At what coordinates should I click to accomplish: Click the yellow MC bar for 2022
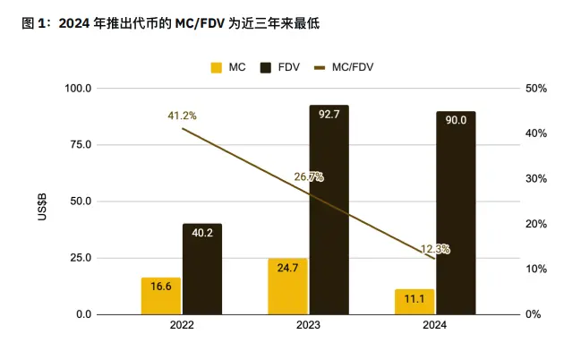[x=160, y=296]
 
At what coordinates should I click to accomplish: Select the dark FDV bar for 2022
[x=201, y=269]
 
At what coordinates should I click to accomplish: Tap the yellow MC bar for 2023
[x=287, y=287]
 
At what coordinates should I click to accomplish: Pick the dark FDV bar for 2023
[x=329, y=210]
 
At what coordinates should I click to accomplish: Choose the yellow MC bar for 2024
[x=414, y=302]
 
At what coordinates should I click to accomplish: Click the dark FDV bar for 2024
[x=456, y=212]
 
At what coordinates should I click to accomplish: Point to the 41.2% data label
[x=182, y=116]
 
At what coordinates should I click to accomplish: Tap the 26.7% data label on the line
[x=308, y=176]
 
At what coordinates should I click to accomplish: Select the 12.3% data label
[x=435, y=249]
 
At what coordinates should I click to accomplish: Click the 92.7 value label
[x=329, y=115]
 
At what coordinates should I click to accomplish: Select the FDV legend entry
[x=279, y=66]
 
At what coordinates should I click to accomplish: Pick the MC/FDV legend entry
[x=344, y=66]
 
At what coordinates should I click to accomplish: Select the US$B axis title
[x=43, y=201]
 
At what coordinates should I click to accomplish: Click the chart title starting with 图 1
[x=170, y=24]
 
